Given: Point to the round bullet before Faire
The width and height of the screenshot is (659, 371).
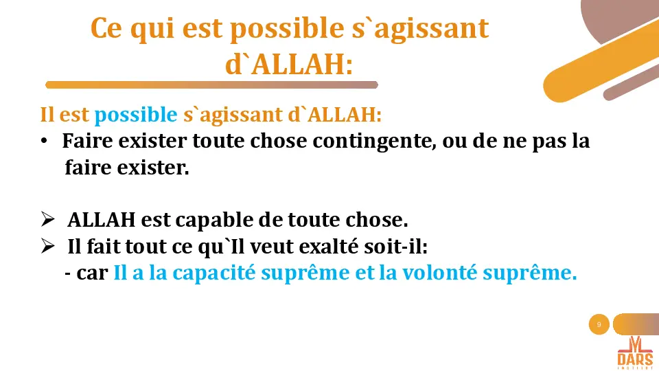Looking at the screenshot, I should tap(43, 142).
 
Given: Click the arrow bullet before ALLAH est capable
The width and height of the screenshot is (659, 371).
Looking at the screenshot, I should tap(47, 220).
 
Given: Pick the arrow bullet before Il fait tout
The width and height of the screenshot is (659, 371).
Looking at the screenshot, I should tap(47, 245).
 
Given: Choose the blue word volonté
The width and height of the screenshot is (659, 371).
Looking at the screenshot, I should tap(441, 273).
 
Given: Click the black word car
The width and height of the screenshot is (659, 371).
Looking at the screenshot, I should tap(93, 273).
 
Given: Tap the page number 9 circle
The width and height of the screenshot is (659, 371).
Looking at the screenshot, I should tap(599, 324).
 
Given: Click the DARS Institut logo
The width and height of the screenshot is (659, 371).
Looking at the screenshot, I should tap(634, 352).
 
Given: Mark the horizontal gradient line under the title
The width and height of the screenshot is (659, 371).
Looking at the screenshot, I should tap(211, 85).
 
